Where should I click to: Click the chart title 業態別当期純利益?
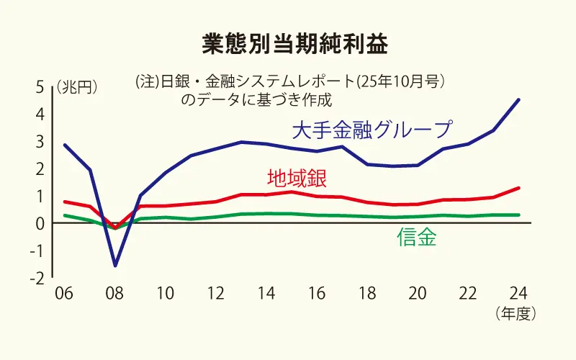tap(294, 44)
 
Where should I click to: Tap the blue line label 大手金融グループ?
tap(372, 130)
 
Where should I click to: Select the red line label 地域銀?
tap(297, 179)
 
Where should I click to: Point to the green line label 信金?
tap(416, 238)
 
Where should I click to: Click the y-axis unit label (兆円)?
tap(77, 86)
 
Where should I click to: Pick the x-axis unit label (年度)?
tap(516, 314)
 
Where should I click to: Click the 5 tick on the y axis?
tap(40, 87)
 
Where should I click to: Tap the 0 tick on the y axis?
tap(40, 224)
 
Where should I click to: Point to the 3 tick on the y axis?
tap(40, 142)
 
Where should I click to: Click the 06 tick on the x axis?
tap(64, 294)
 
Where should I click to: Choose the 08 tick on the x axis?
tap(115, 294)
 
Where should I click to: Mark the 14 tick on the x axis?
tap(266, 294)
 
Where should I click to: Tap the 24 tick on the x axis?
tap(518, 294)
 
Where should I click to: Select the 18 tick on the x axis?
tap(366, 294)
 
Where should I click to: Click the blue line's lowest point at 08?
tap(115, 266)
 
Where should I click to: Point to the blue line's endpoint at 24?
tap(518, 100)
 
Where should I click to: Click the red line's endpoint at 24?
tap(518, 188)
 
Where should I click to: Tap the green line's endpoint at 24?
tap(518, 215)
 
